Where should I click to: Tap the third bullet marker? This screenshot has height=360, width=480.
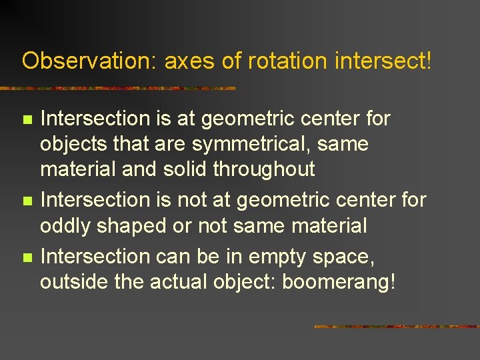(x=27, y=257)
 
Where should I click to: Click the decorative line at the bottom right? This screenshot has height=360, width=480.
(x=396, y=327)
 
